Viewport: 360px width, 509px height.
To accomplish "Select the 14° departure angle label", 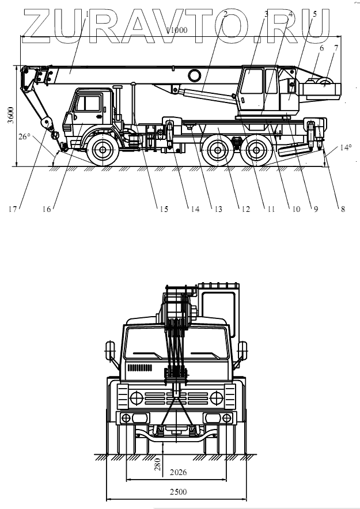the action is [345, 147].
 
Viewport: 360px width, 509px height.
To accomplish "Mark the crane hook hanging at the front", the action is [56, 136].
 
